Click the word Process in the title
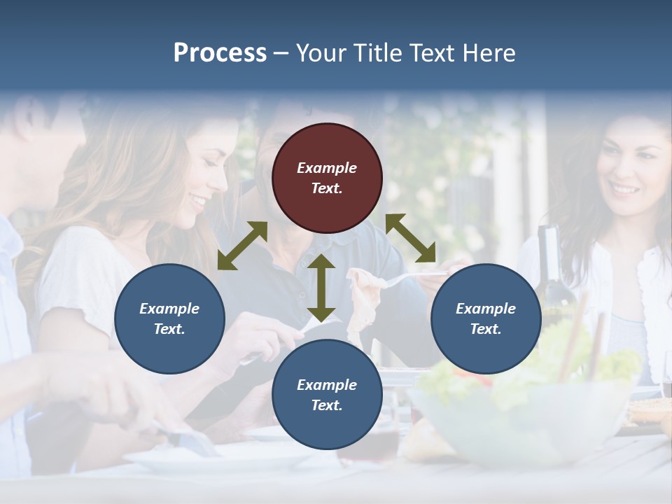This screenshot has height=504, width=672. coord(220,53)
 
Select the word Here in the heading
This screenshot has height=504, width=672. coord(488,53)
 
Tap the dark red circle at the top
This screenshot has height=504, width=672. coord(327,178)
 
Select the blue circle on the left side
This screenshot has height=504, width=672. coord(169,318)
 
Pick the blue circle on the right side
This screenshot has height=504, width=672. coord(486,318)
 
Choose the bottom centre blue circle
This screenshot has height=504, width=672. coord(327,395)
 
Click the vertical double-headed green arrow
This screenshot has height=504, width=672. coord(321,288)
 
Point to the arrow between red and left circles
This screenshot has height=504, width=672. coord(242,246)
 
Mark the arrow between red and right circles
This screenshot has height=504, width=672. coord(411,238)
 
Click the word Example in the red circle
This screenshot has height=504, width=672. coord(327,168)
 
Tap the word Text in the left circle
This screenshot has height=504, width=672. coord(169,329)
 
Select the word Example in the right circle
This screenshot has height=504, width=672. coord(486,309)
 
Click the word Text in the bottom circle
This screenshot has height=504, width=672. coord(327,405)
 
